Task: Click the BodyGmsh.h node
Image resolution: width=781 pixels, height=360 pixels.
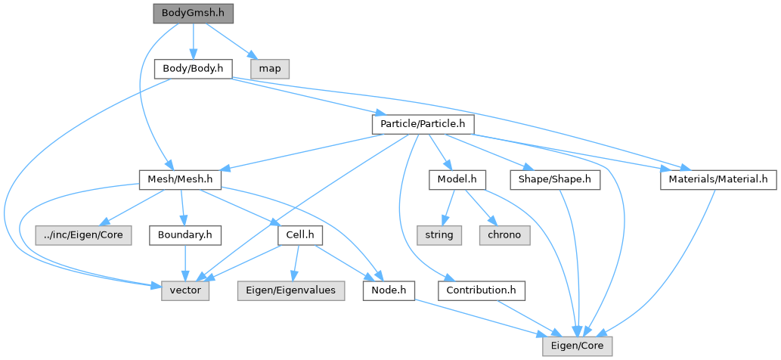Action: (193, 14)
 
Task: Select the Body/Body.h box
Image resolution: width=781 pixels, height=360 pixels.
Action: (193, 69)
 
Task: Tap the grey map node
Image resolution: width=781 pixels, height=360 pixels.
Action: (270, 69)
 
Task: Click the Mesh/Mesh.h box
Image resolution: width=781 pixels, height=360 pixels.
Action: (180, 180)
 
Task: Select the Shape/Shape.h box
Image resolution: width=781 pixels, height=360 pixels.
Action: (555, 180)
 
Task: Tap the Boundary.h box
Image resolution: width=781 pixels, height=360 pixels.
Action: (185, 235)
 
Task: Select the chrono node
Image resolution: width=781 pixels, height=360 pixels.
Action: (504, 235)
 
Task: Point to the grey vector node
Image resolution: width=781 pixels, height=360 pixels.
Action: (185, 290)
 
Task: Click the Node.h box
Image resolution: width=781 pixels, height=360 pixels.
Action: (389, 290)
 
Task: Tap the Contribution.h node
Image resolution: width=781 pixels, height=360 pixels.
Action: (481, 290)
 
